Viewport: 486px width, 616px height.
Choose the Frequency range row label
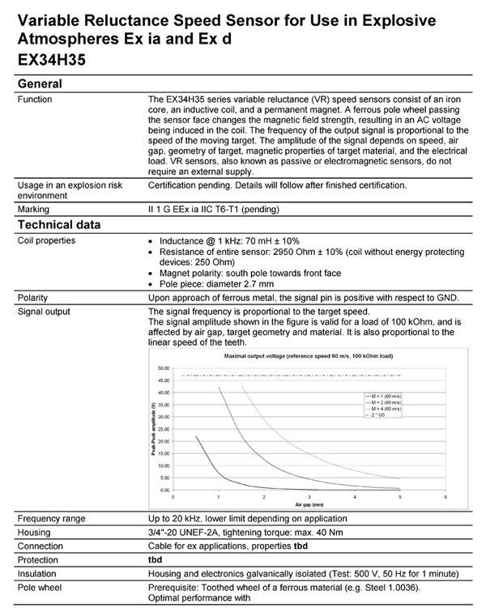coord(54,518)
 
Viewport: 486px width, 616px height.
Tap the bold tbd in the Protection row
coord(156,559)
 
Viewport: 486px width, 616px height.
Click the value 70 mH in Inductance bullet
coord(246,241)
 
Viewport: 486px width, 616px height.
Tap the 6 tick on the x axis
coord(446,496)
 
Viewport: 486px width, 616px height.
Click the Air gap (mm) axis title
coord(309,503)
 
